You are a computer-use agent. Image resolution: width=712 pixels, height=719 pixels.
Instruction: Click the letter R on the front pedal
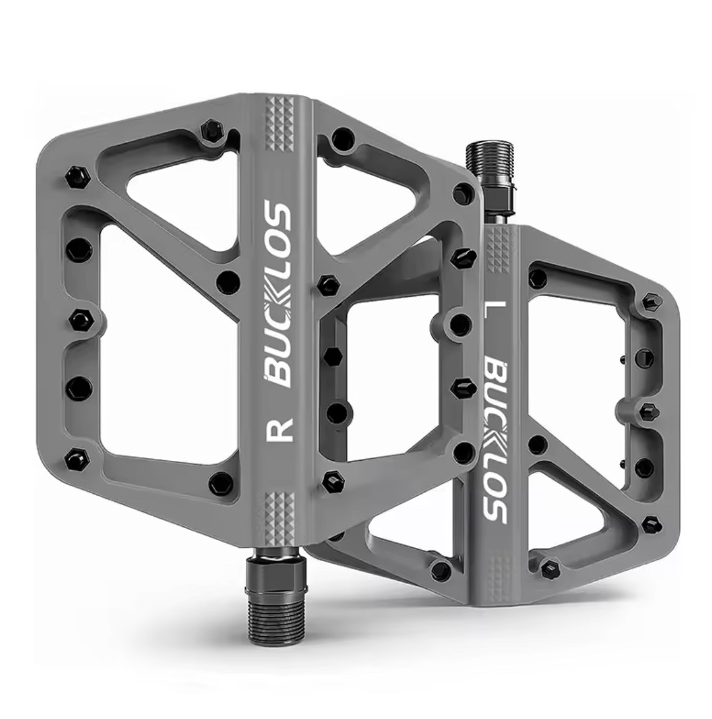coord(279,429)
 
